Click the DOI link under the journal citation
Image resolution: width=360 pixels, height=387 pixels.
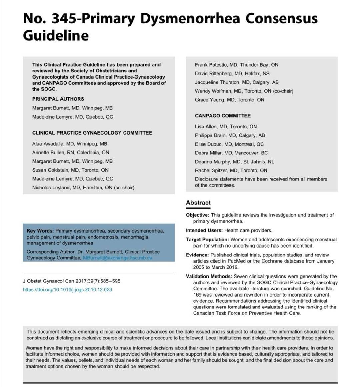point(67,290)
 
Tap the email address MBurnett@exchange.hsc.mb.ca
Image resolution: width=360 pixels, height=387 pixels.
point(117,258)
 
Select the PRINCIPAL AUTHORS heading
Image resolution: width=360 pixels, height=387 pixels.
point(58,99)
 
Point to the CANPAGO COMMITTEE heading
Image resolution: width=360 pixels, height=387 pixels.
point(223,116)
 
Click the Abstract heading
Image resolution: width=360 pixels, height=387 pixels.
point(198,203)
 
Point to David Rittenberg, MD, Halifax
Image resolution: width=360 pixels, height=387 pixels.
point(232,74)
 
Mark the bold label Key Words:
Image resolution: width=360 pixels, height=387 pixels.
point(40,231)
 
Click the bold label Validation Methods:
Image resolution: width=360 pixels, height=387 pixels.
point(209,276)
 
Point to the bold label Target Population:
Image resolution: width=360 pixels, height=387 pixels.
point(207,240)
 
